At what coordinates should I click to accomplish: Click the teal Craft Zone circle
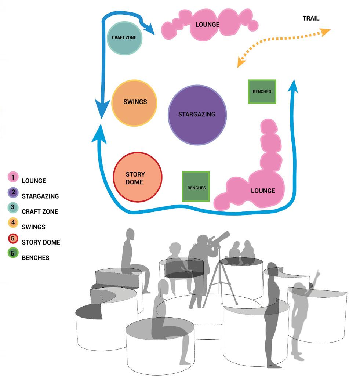(x=124, y=37)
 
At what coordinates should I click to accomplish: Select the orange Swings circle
(x=134, y=103)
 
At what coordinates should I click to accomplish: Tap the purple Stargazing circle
(x=197, y=115)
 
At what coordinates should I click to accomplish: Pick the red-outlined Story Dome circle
(x=137, y=177)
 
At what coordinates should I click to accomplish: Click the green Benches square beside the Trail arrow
(x=262, y=91)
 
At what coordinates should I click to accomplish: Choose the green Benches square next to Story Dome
(x=196, y=187)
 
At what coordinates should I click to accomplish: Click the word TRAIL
(x=311, y=18)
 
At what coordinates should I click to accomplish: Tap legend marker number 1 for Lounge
(x=12, y=177)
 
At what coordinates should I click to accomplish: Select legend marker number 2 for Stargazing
(x=12, y=192)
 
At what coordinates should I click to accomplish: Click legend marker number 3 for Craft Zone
(x=12, y=207)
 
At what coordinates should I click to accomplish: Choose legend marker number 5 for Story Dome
(x=12, y=238)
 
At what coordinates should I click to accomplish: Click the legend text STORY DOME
(x=41, y=242)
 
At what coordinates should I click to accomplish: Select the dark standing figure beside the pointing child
(x=272, y=312)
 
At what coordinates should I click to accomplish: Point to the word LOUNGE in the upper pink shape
(x=207, y=25)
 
